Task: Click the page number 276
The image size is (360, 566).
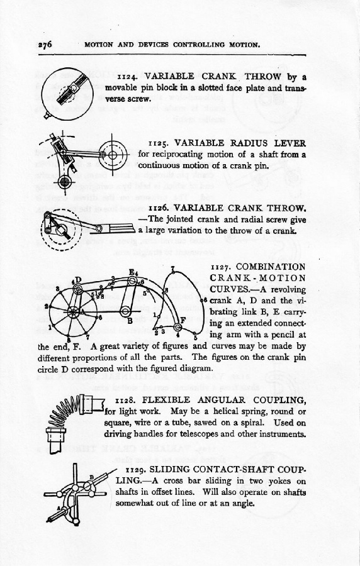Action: (x=45, y=45)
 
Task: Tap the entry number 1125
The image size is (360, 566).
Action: (x=159, y=143)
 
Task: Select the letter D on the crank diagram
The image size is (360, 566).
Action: (x=78, y=280)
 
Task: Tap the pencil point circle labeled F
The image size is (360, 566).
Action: (x=177, y=327)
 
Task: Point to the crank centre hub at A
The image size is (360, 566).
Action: (x=74, y=311)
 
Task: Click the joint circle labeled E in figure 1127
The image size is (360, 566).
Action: (x=133, y=281)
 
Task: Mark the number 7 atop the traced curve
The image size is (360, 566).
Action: (x=173, y=268)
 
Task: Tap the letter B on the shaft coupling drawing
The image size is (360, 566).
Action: (x=92, y=477)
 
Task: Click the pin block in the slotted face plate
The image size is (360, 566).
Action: (x=75, y=87)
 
